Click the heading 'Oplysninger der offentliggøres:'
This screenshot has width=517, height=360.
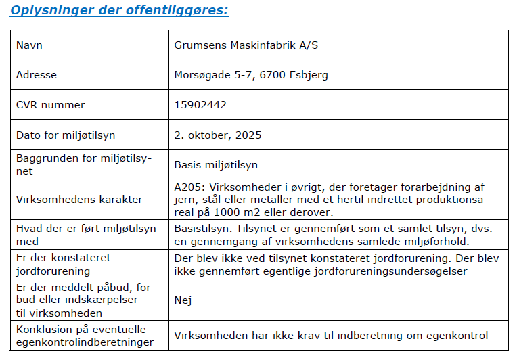click(119, 10)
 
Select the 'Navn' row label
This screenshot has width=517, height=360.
click(29, 45)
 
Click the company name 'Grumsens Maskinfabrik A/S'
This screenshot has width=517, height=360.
click(246, 45)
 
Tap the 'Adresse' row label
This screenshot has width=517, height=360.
click(37, 75)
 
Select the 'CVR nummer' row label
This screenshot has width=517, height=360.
click(51, 105)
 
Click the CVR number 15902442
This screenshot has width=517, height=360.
click(200, 105)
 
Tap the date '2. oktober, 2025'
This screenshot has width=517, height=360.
click(218, 135)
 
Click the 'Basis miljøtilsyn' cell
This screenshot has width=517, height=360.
click(216, 164)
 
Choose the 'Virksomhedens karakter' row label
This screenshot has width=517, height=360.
click(79, 199)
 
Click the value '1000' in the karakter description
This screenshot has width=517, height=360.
click(208, 212)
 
